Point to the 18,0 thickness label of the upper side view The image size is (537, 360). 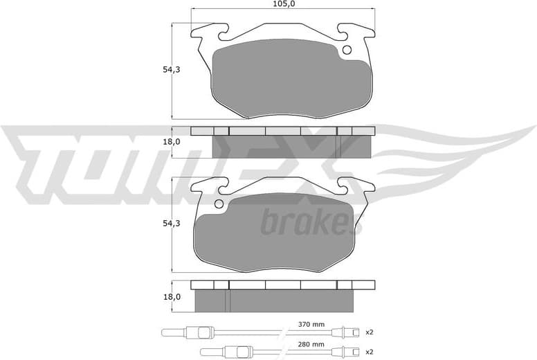(171, 142)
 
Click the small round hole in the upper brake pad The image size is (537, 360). (347, 49)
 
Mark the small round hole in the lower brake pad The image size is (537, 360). (219, 204)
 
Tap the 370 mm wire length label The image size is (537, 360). (311, 324)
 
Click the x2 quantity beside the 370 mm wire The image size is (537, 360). (370, 332)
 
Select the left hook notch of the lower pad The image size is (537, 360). (223, 185)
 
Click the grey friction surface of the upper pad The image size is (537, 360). (287, 76)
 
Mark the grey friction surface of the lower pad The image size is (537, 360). (277, 232)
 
